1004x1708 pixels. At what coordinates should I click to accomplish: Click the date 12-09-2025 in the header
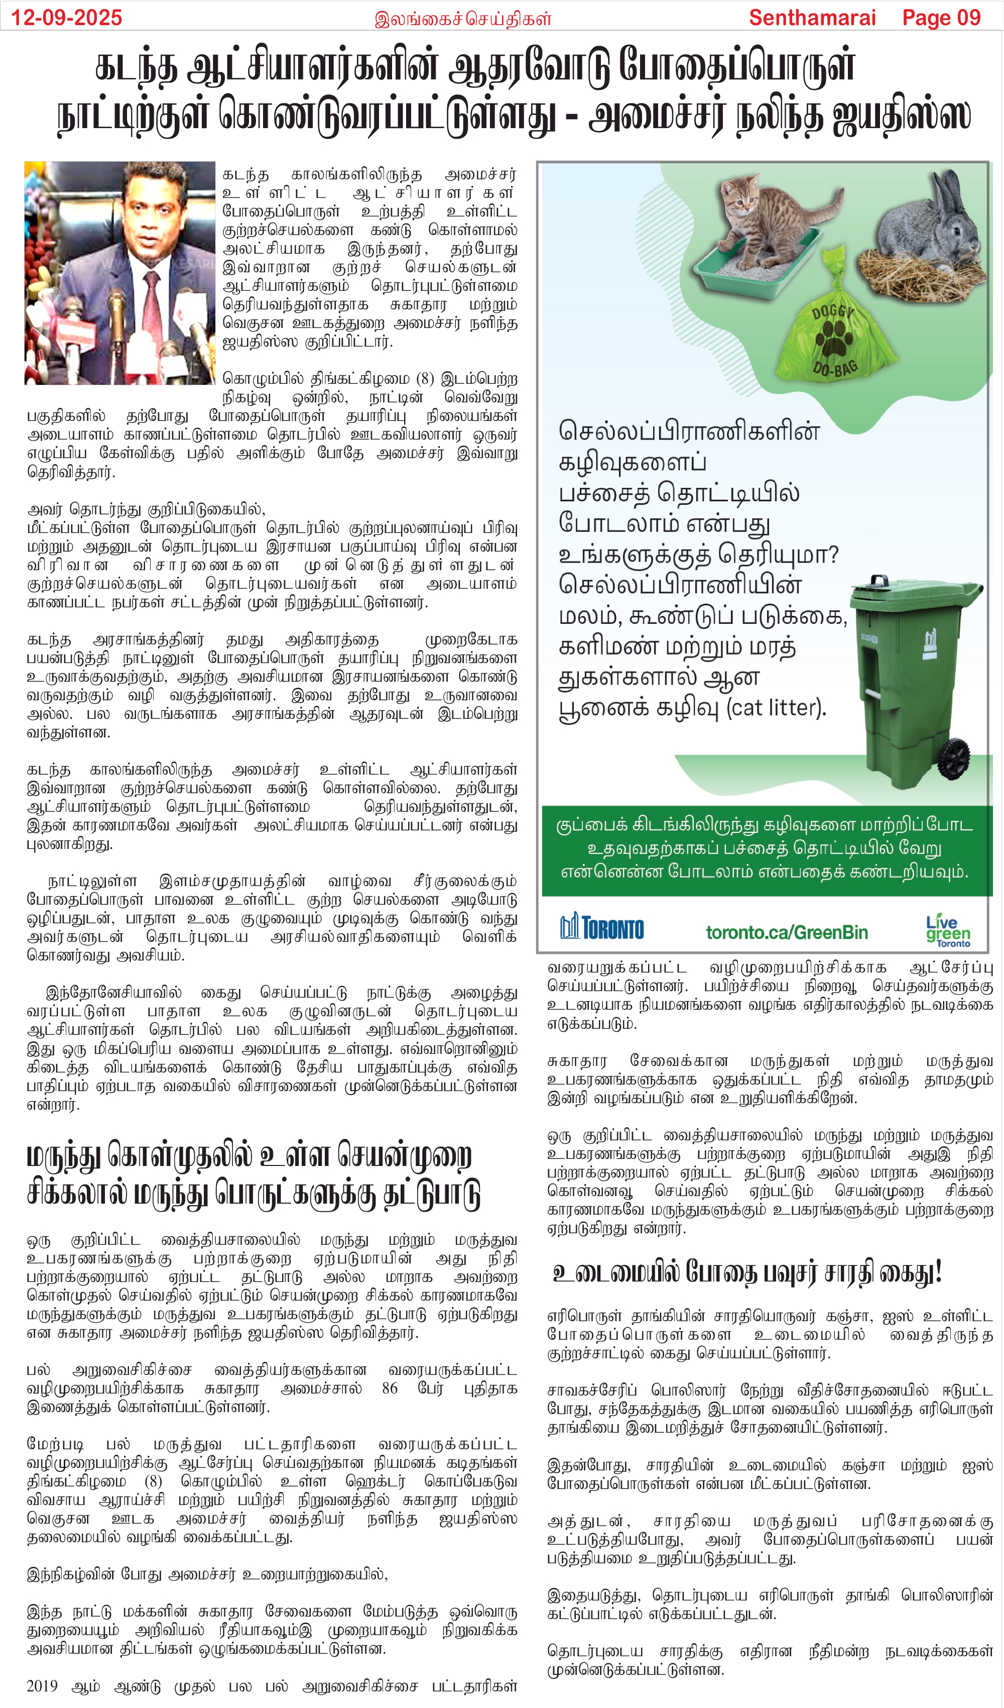point(66,17)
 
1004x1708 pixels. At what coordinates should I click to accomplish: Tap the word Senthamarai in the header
point(812,17)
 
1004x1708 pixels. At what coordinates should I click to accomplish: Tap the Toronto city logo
point(601,927)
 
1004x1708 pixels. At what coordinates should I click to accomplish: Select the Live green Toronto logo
point(948,930)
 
